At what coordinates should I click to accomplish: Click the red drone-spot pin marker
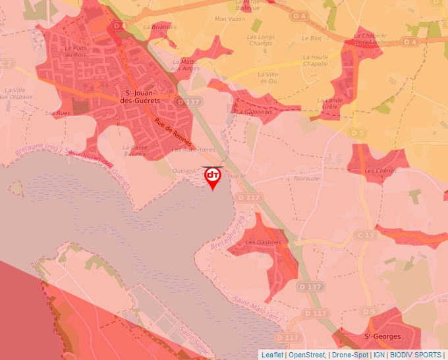(x=213, y=176)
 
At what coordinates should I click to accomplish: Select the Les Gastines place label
(x=263, y=242)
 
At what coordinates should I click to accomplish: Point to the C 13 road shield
(x=366, y=234)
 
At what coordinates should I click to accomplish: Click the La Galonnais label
(x=253, y=112)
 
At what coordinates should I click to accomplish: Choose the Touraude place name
(x=307, y=178)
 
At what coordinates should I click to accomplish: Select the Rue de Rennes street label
(x=173, y=131)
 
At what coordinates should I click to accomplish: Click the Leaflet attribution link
(x=273, y=355)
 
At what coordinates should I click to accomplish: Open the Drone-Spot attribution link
(x=350, y=355)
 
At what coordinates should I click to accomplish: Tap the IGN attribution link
(x=379, y=355)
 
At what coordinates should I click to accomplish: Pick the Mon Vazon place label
(x=229, y=19)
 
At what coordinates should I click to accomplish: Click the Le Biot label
(x=311, y=38)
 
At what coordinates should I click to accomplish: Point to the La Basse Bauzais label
(x=134, y=150)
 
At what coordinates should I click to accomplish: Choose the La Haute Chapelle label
(x=316, y=61)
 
